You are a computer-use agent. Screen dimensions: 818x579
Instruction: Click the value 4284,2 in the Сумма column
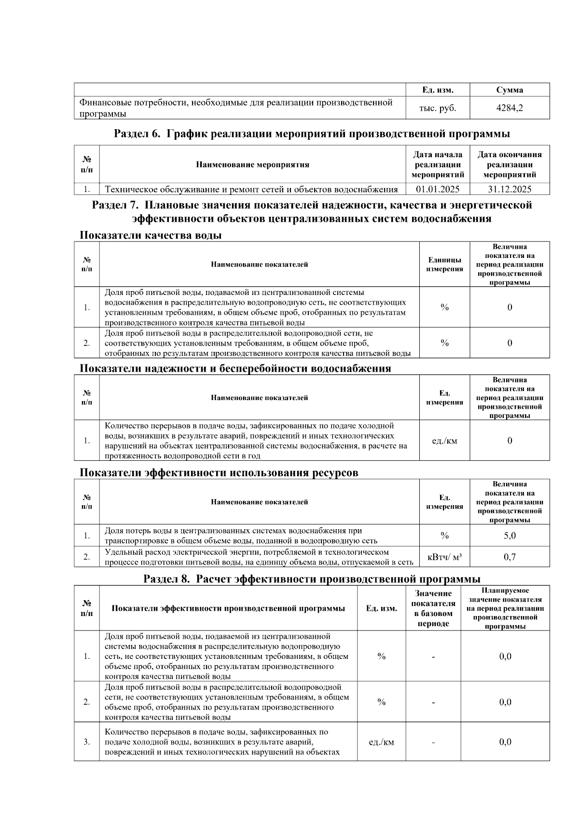point(510,108)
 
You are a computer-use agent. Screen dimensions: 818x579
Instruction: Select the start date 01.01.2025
point(438,189)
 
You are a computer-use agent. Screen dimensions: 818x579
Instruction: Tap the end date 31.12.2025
point(510,189)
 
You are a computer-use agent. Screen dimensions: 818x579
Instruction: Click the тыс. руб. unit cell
point(438,108)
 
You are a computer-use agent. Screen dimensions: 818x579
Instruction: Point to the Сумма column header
point(510,90)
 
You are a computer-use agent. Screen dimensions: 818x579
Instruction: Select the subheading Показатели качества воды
point(151,235)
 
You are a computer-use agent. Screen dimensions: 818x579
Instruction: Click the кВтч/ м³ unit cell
point(444,557)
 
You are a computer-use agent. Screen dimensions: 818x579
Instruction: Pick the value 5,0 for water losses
point(510,536)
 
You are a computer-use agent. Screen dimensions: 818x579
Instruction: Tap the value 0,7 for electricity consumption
point(510,557)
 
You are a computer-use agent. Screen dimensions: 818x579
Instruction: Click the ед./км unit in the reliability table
point(444,441)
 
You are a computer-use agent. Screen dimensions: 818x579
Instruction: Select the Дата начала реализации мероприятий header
point(438,164)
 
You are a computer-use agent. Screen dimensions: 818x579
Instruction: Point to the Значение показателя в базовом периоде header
point(433,608)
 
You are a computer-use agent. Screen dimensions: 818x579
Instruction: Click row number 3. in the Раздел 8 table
point(87,742)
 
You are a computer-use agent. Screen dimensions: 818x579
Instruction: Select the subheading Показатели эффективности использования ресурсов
point(219,472)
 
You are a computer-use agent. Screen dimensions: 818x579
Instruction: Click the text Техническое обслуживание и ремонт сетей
point(251,189)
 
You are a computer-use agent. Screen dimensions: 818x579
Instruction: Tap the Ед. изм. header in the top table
point(438,90)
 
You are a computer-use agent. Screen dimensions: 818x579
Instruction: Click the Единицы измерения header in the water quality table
point(444,264)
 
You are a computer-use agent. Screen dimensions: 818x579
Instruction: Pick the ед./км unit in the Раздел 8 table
point(381,742)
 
